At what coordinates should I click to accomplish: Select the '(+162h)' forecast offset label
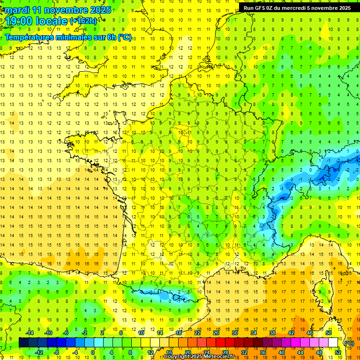[83, 21]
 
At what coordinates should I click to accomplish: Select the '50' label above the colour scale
[328, 333]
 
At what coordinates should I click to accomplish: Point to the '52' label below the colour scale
[337, 352]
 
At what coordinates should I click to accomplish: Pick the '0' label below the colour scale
[93, 352]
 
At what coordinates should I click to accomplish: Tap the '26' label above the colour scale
[216, 333]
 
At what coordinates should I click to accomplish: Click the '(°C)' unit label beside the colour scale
[349, 343]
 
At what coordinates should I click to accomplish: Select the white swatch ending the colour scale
[333, 343]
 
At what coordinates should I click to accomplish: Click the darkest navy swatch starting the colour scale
[23, 343]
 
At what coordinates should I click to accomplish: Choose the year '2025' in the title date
[100, 10]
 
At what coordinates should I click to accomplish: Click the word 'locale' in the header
[52, 21]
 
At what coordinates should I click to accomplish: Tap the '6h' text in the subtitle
[112, 37]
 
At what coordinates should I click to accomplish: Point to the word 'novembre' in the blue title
[65, 10]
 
